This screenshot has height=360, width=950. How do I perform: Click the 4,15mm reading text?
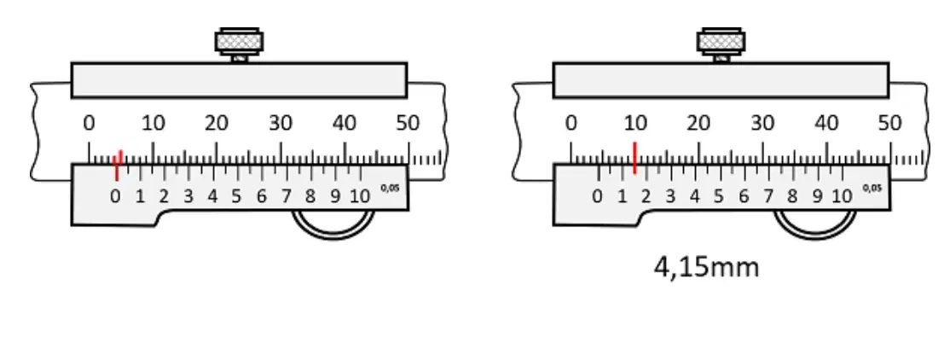pyautogui.click(x=706, y=267)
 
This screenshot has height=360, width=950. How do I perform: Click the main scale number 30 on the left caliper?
pyautogui.click(x=281, y=124)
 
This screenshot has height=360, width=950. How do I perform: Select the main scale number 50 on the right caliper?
pyautogui.click(x=889, y=124)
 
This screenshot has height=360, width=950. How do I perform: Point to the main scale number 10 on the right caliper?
pyautogui.click(x=635, y=124)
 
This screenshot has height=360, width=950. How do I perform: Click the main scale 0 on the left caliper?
pyautogui.click(x=89, y=124)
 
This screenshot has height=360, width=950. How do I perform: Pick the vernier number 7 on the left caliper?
pyautogui.click(x=286, y=196)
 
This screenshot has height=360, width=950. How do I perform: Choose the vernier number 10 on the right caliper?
pyautogui.click(x=842, y=196)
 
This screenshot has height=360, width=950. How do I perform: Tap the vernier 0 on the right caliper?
pyautogui.click(x=598, y=196)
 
